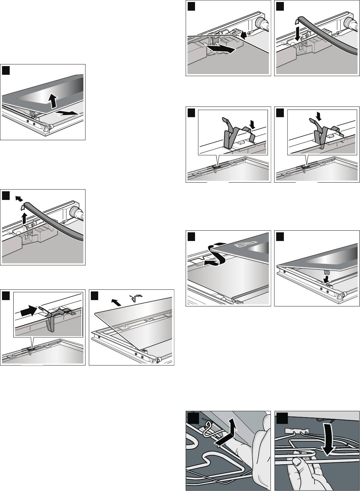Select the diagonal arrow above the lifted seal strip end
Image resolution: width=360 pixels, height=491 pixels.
coord(20,199)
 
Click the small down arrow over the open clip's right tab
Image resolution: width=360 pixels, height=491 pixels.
coord(251,124)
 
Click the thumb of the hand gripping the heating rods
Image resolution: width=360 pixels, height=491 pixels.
coord(296,462)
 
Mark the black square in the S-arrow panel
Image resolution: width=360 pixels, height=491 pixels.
coord(191,236)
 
